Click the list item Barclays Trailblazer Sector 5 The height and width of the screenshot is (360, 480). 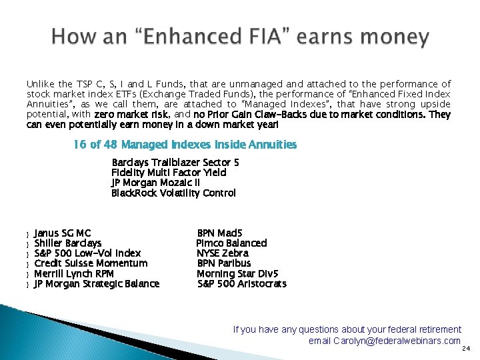(x=175, y=163)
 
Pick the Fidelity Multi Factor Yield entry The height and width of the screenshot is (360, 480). (x=169, y=173)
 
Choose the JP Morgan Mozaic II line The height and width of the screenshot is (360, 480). (x=155, y=183)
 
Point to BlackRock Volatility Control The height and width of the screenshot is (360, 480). (x=173, y=193)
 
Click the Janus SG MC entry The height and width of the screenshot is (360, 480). (x=63, y=233)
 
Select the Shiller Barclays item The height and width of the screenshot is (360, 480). (x=68, y=243)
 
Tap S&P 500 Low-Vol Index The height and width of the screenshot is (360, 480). (x=87, y=253)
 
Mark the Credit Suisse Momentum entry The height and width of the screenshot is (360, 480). (x=91, y=263)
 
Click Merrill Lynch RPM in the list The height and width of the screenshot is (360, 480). (x=74, y=273)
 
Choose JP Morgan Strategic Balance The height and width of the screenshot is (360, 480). (x=97, y=284)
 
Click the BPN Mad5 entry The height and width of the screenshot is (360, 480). (x=219, y=233)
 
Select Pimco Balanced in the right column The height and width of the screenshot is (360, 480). (x=231, y=243)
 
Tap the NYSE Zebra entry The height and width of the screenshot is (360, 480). (x=223, y=253)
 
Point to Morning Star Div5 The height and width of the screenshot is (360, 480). (x=237, y=273)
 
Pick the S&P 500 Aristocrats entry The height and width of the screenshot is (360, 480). (x=242, y=284)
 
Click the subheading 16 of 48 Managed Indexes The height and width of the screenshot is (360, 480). (x=185, y=145)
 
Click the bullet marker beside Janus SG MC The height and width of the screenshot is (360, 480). (x=27, y=234)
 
